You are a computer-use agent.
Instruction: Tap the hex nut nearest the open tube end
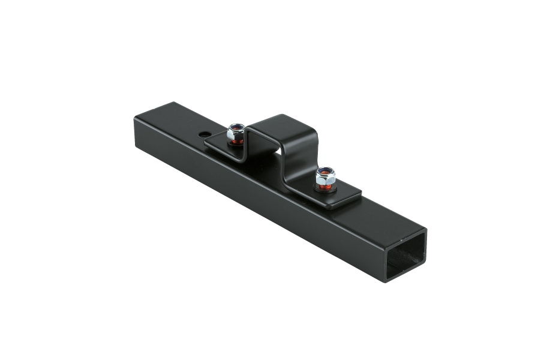pyautogui.click(x=324, y=176)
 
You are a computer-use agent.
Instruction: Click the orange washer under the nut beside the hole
pyautogui.click(x=236, y=141)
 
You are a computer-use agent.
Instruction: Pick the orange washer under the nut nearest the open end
pyautogui.click(x=324, y=187)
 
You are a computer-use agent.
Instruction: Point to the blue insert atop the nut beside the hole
pyautogui.click(x=236, y=127)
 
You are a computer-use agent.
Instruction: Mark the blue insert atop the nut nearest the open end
pyautogui.click(x=325, y=172)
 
